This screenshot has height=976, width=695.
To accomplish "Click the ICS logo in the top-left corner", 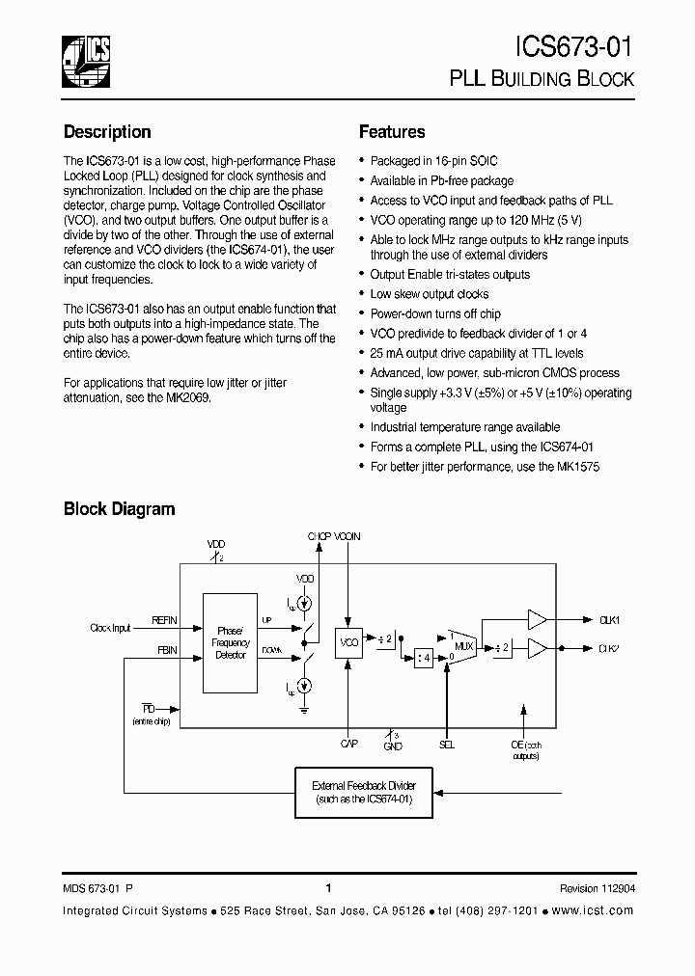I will coord(86,60).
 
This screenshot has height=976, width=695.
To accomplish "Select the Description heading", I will coord(107,132).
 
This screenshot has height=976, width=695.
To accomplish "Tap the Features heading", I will coord(392,132).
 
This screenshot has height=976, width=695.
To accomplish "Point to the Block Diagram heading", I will coord(119,508).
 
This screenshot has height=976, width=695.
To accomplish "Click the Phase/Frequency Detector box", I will coord(232,642).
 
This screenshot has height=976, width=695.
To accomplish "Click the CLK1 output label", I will coord(609,620).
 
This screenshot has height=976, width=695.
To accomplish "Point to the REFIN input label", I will coord(165,621).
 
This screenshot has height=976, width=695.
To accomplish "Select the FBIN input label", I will coord(166,650).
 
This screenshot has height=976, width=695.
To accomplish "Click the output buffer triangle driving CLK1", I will coord(537,620).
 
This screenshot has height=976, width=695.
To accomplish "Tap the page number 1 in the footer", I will coord(329,889).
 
